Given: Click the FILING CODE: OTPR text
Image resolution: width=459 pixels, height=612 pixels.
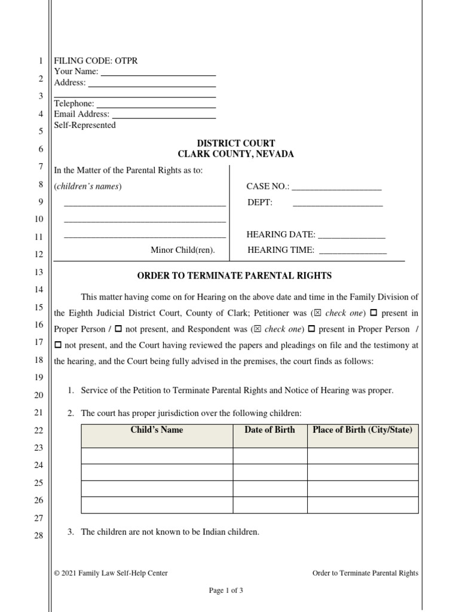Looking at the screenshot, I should pos(96,61).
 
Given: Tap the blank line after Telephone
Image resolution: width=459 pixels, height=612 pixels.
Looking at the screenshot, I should pos(155,105).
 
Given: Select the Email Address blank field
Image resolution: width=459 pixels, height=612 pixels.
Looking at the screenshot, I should pos(164,115).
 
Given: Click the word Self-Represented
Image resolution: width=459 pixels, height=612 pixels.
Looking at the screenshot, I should pos(85,126).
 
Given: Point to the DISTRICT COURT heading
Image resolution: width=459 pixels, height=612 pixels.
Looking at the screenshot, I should pos(236,143).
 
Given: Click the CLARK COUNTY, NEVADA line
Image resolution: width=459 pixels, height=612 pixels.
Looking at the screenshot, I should pos(236,154).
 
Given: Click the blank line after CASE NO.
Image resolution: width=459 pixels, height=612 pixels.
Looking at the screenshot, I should pos(336,188).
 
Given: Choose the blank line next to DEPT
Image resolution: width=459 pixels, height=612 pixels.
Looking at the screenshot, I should pos(338,204).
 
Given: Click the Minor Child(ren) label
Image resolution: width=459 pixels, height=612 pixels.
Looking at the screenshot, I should pos(182,250).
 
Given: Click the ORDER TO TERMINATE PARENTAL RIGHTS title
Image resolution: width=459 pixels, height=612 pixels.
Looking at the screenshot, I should pos(234,276).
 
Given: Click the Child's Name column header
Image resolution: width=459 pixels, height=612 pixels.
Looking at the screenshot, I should pos(157,430).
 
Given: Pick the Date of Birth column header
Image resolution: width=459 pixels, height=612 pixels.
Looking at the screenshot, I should pos(270,430).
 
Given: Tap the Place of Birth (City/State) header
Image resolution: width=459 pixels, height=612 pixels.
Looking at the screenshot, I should pos(362,430).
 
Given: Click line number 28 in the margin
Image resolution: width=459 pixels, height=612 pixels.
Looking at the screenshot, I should pos(38,535).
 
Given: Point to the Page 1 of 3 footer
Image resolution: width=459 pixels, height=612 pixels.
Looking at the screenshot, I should pos(226,590).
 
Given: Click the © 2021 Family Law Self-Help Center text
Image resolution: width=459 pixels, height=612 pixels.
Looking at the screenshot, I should pos(111,573).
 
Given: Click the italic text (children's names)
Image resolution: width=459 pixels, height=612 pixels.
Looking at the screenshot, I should pos(88,186).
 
